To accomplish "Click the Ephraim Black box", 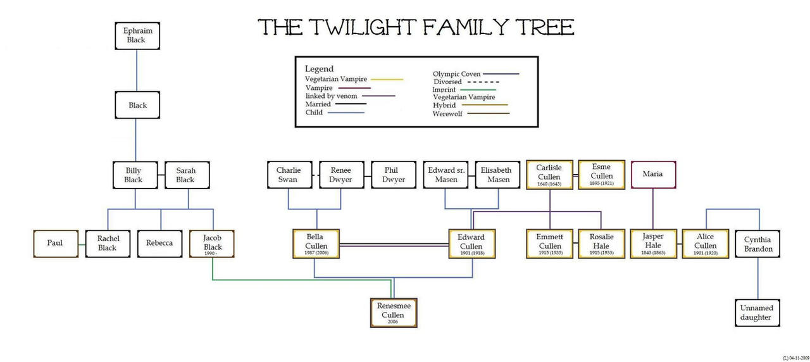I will [x=137, y=35].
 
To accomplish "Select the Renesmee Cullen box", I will [x=394, y=312].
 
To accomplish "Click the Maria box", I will [x=652, y=174].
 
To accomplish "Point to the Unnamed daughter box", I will [x=757, y=313].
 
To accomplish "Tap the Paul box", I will [x=55, y=243].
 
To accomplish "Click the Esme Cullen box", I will [x=601, y=174].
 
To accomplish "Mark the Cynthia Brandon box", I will [x=757, y=244].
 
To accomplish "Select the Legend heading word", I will [x=319, y=68].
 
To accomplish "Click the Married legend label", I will [x=318, y=104].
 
